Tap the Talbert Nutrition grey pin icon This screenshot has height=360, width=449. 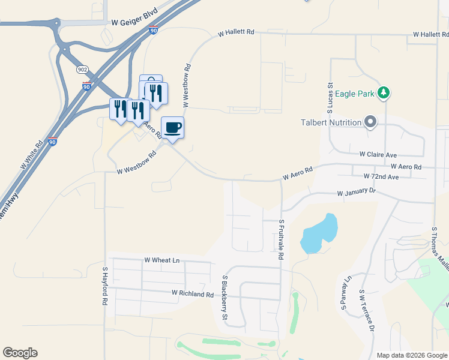(370, 122)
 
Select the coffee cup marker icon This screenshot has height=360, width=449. (172, 128)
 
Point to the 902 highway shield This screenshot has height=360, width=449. (82, 70)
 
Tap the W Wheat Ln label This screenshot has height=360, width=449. (162, 260)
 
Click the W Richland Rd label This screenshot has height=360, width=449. (192, 294)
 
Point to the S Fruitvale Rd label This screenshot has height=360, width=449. (281, 239)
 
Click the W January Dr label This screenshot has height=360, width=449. (356, 193)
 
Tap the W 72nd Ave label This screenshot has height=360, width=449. (381, 177)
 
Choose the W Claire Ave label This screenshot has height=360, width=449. (378, 154)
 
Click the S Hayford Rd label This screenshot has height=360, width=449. (104, 287)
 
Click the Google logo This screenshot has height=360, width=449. (20, 353)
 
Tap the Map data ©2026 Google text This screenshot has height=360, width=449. (412, 355)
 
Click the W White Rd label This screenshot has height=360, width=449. (32, 155)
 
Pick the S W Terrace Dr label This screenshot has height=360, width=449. (367, 311)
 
